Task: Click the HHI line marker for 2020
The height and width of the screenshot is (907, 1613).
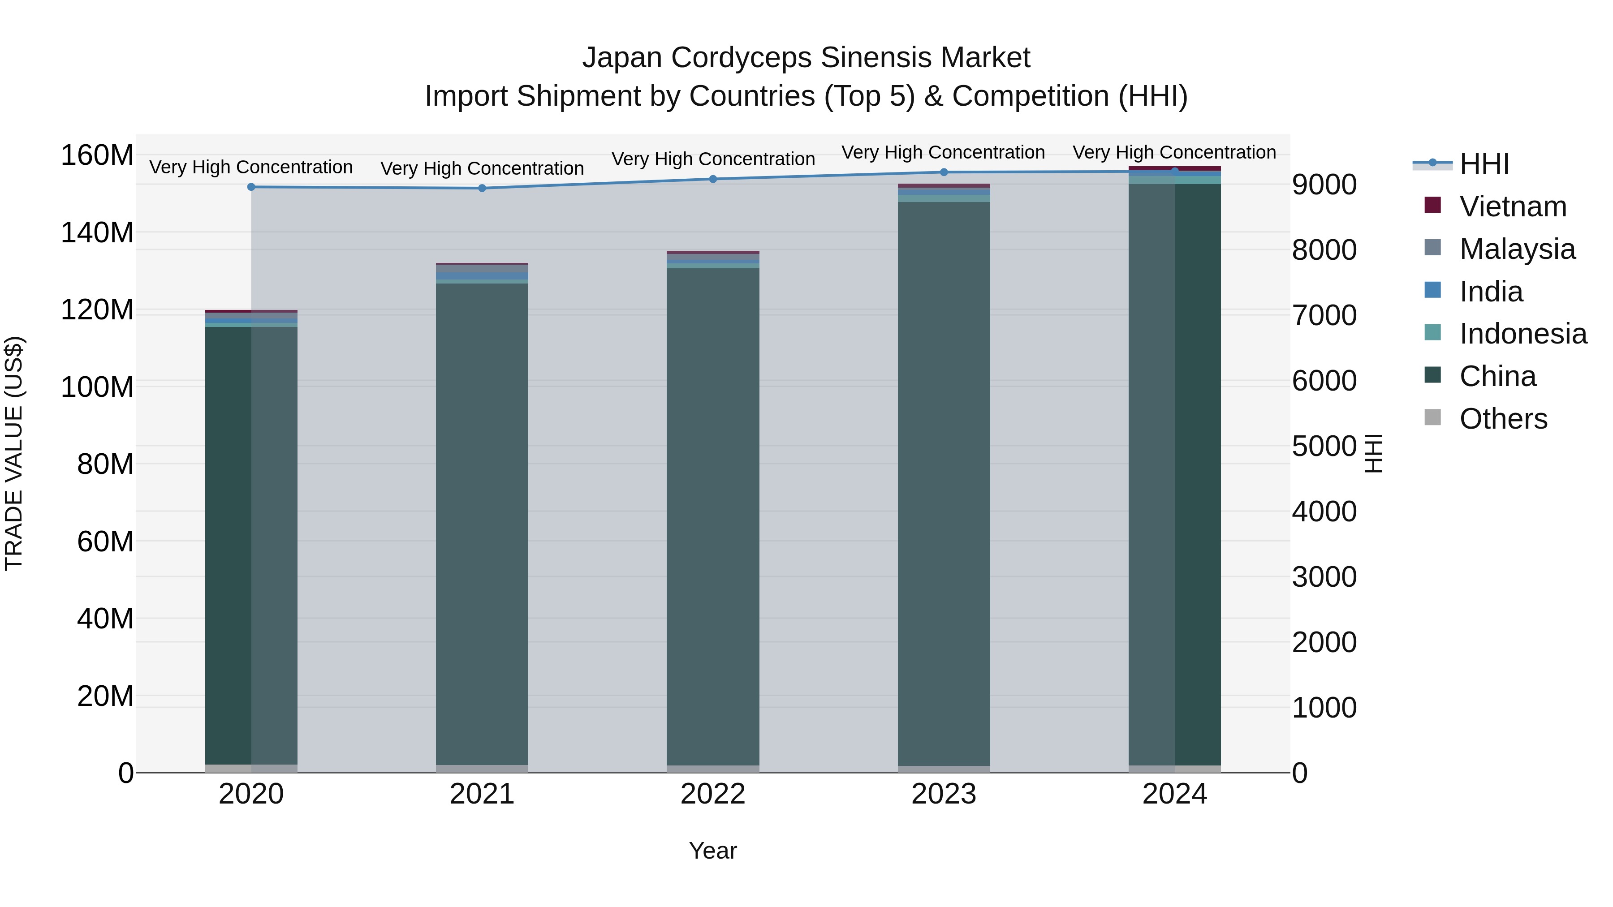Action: [x=251, y=186]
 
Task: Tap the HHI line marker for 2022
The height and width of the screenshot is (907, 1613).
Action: [x=712, y=179]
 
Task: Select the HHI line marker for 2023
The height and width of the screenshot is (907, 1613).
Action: [x=944, y=172]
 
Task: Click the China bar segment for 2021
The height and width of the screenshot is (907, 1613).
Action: [x=482, y=524]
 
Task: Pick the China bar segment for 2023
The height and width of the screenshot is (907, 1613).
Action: [x=944, y=483]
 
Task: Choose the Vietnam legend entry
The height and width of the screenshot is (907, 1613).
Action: [x=1512, y=206]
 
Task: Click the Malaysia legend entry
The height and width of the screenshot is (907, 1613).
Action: [x=1517, y=249]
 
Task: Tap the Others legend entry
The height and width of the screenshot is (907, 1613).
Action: [x=1503, y=419]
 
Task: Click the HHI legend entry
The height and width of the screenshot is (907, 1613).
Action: [x=1484, y=164]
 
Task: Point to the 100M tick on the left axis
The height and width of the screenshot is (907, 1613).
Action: [x=97, y=387]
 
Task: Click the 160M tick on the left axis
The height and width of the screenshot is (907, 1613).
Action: [x=97, y=155]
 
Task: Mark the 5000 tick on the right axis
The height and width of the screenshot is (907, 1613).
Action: [x=1324, y=446]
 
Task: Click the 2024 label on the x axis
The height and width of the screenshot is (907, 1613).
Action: [x=1174, y=794]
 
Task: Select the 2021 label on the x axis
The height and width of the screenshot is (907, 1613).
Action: [x=482, y=794]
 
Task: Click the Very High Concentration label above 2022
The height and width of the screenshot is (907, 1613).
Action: [x=712, y=159]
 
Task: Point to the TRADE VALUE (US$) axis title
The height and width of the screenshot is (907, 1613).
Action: [x=14, y=453]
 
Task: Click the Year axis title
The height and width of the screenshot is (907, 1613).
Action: [x=712, y=851]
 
